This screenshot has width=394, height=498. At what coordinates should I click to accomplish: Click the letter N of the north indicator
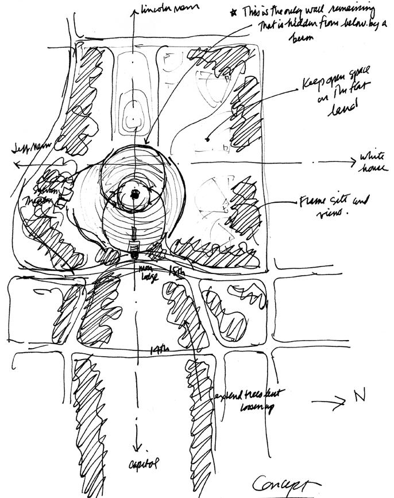click(358, 397)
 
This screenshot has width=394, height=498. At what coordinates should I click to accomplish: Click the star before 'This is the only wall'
click(233, 12)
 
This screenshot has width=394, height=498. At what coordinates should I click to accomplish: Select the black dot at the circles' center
click(134, 194)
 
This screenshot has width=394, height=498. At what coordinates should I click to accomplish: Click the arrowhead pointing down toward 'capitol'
click(137, 447)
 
